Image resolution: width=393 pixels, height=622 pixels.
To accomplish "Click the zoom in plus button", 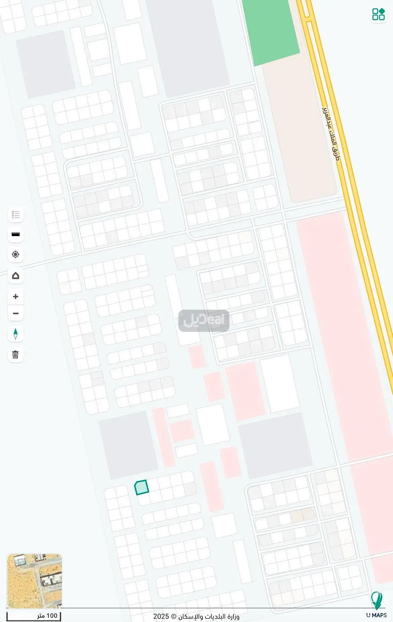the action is pos(15,297).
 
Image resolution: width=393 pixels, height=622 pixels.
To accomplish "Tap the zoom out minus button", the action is pos(15,313).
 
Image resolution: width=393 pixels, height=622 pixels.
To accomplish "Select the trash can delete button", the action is pos(15,355).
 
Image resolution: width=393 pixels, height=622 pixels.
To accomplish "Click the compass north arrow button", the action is pos(15,334).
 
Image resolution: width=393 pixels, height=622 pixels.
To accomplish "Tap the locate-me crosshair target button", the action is pos(15,255).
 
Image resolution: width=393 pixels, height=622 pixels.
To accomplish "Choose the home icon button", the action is pos(15,276).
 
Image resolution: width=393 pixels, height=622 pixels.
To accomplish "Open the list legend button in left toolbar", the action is pos(15,215).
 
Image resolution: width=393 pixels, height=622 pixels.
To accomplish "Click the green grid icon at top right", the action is pos(378,14).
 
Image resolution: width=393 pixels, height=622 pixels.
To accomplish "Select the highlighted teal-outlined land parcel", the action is pos(142,487).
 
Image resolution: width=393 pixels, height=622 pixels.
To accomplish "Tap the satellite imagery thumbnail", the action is pos(35,581).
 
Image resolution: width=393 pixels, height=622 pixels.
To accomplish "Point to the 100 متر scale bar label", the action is pos(47,616).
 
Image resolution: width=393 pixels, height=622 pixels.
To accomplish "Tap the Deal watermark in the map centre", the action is pos(204,320).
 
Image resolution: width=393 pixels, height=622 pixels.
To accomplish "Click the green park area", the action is pos(270,30).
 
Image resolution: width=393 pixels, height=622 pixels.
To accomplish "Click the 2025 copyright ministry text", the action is pos(196,616).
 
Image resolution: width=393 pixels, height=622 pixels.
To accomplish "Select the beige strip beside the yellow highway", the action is pos(299,134).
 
